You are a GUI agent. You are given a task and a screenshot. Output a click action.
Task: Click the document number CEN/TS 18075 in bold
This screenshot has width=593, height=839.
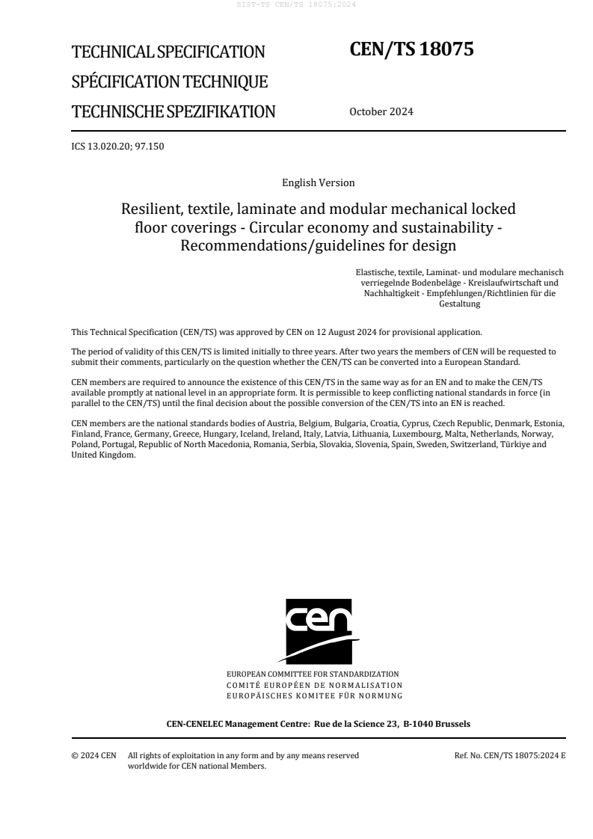[x=411, y=49]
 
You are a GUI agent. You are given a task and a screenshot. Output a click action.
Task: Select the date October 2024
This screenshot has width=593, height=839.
[x=381, y=112]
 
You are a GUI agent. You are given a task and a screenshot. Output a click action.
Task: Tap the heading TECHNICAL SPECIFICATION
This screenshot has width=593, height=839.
[x=168, y=52]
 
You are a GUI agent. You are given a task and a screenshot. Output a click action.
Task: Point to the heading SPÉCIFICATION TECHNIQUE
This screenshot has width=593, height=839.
[x=170, y=82]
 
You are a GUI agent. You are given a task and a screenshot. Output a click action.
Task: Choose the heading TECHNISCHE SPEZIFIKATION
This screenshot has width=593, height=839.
[x=173, y=112]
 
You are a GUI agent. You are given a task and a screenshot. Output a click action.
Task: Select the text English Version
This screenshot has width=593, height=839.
[x=318, y=182]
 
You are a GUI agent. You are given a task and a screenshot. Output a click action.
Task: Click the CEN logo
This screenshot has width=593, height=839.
[x=318, y=630]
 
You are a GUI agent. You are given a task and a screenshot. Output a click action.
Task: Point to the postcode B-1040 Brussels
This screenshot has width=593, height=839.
[x=437, y=724]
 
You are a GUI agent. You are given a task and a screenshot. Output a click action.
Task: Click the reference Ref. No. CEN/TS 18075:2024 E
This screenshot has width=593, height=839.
[x=509, y=755]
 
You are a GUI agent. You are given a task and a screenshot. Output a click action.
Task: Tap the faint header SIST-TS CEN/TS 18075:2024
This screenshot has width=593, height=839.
[x=296, y=4]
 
